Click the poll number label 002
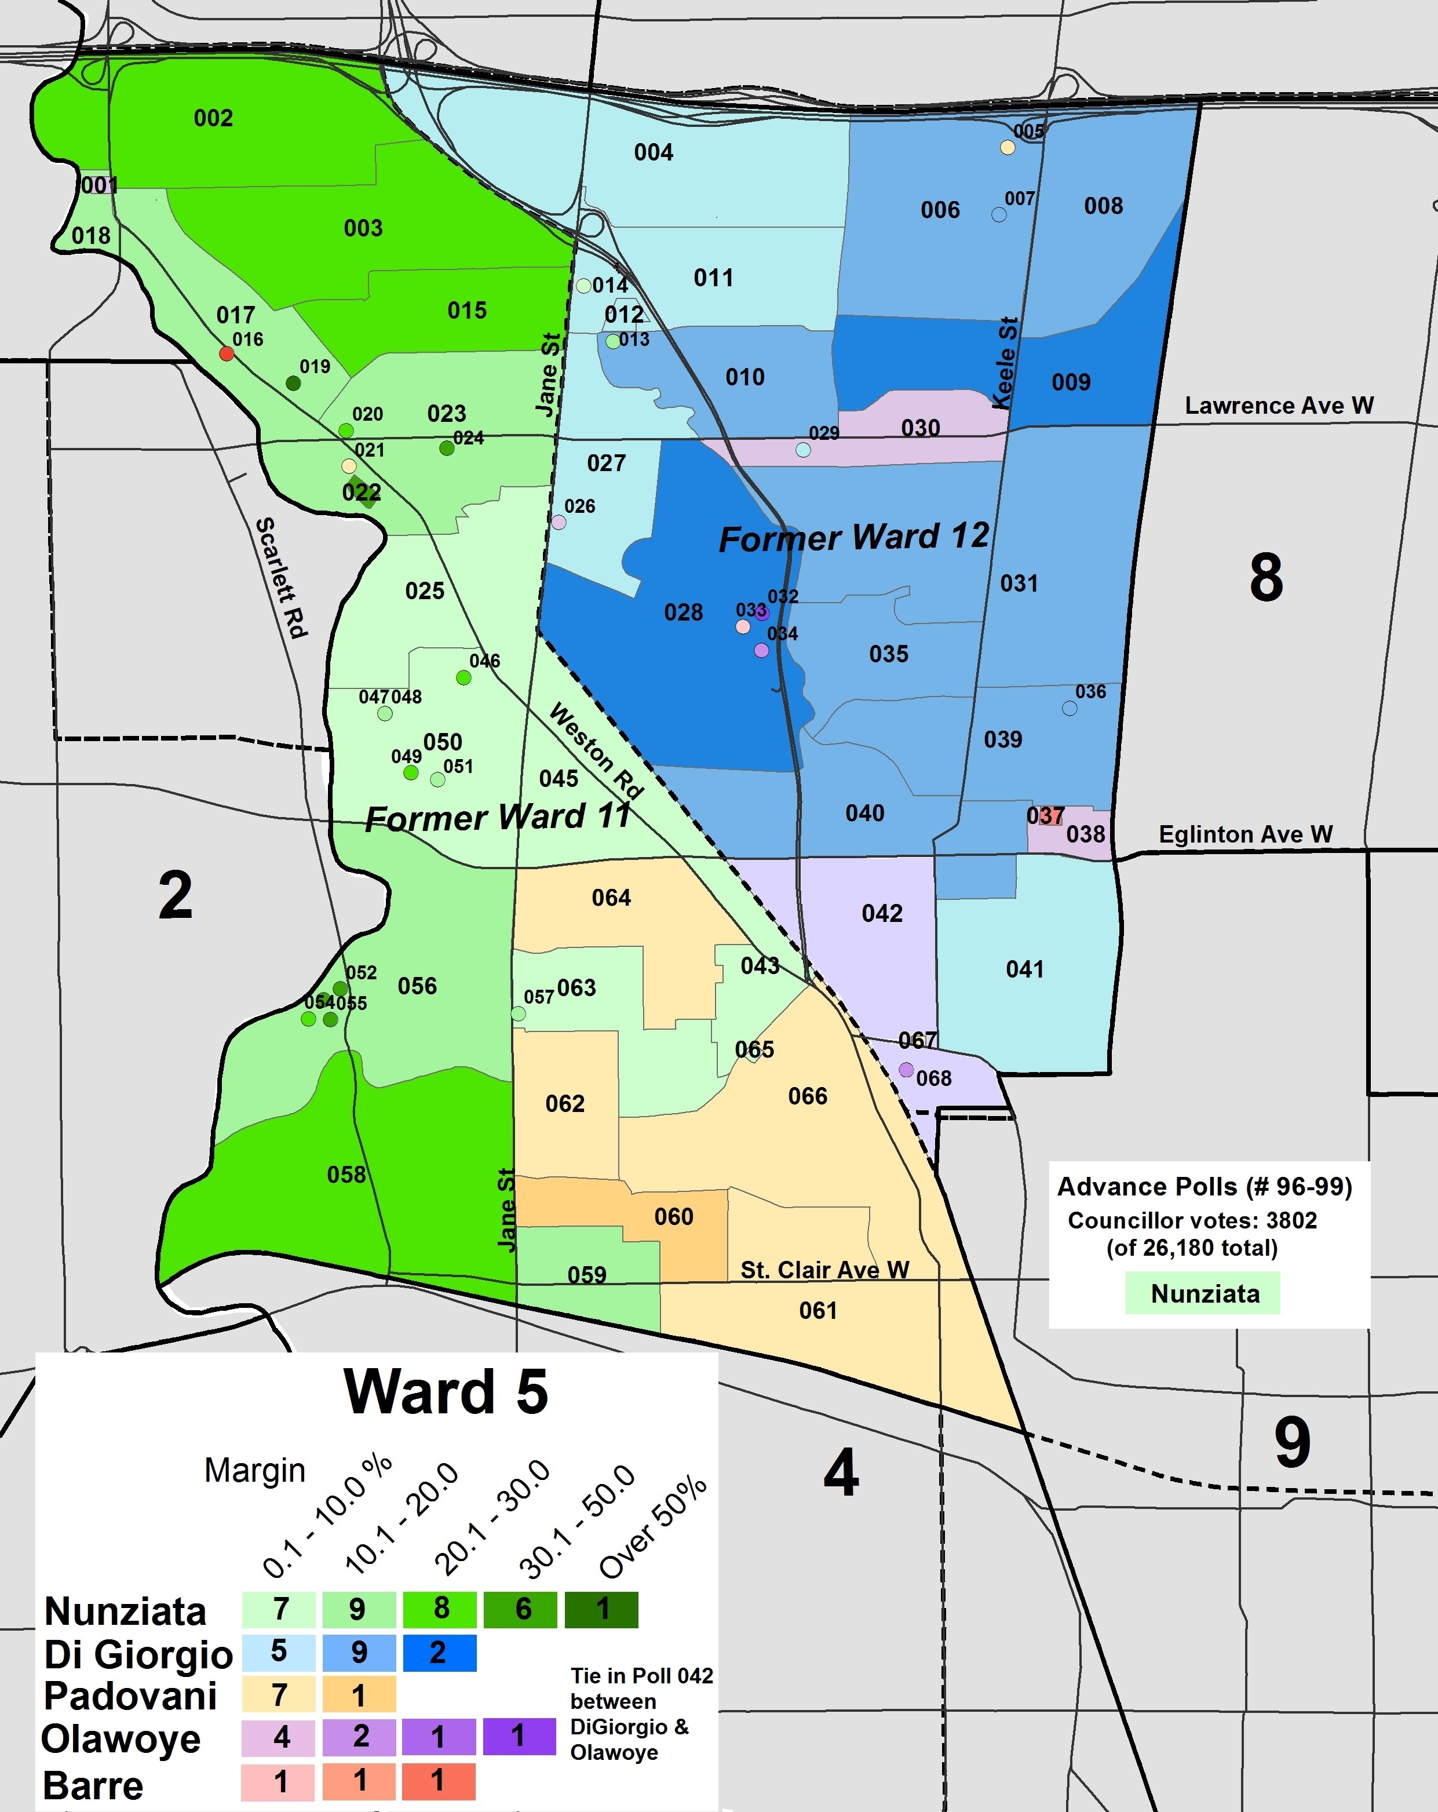tap(213, 118)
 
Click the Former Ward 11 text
tap(498, 817)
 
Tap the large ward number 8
tap(1266, 578)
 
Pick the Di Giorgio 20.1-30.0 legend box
tap(439, 1652)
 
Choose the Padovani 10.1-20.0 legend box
tap(358, 1695)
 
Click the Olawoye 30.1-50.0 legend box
tap(519, 1736)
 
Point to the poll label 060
tap(673, 1216)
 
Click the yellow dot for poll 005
tap(1007, 148)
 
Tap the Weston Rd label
tap(596, 750)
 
